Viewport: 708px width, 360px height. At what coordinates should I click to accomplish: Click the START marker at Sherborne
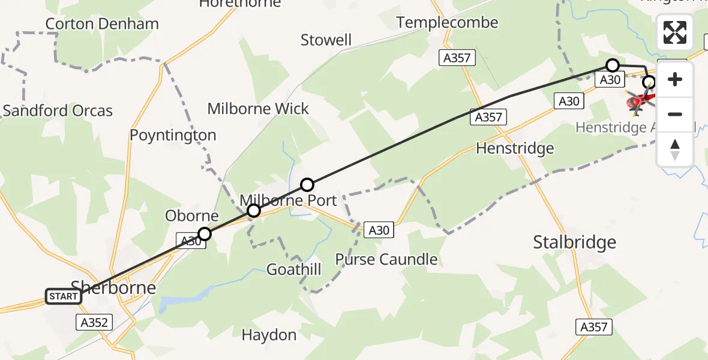(x=64, y=296)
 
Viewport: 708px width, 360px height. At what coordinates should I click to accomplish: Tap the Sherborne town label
(x=113, y=287)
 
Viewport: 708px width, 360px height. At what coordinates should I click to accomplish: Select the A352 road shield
(x=95, y=323)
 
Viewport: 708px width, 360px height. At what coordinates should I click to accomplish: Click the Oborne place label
(x=192, y=216)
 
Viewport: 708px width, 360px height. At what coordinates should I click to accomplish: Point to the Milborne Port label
(x=289, y=200)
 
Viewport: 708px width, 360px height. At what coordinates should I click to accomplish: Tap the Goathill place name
(x=294, y=269)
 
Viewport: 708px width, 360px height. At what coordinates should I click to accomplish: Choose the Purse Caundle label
(x=386, y=259)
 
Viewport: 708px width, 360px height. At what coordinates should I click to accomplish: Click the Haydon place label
(x=269, y=335)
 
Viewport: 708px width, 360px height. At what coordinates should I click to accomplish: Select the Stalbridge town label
(x=575, y=242)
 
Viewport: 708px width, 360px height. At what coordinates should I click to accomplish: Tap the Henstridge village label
(x=515, y=148)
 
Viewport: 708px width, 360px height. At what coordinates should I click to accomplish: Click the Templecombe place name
(x=447, y=23)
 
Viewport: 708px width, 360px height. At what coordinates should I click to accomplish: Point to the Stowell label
(x=326, y=40)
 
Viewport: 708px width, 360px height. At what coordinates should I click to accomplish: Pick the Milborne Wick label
(x=258, y=109)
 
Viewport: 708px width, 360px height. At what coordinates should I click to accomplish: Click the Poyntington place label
(x=173, y=135)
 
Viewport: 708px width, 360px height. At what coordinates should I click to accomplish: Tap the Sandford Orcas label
(x=58, y=111)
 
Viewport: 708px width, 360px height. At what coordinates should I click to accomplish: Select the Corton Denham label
(x=102, y=24)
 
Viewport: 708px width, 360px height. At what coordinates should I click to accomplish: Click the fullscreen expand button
(x=675, y=32)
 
